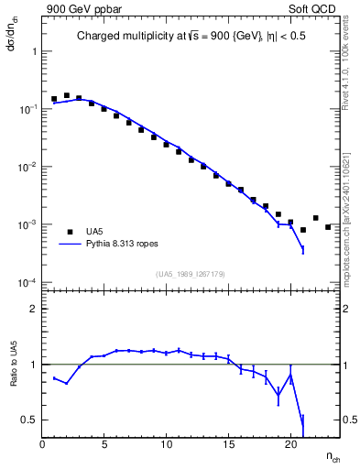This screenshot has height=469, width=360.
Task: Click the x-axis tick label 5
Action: click(x=104, y=446)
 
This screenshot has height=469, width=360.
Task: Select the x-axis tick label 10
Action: click(x=166, y=446)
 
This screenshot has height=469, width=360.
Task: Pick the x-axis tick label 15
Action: click(x=228, y=446)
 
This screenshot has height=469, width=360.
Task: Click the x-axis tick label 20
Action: click(x=289, y=446)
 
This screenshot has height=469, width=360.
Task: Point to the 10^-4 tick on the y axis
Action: click(x=27, y=282)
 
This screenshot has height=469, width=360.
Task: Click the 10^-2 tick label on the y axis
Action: click(x=27, y=167)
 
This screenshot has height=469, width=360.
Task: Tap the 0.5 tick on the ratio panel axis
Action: click(x=29, y=420)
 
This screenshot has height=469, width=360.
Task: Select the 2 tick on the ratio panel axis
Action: click(x=33, y=310)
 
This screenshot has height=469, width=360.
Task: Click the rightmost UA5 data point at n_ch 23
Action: click(x=328, y=227)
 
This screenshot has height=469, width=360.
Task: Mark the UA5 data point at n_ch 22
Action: click(x=315, y=218)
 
